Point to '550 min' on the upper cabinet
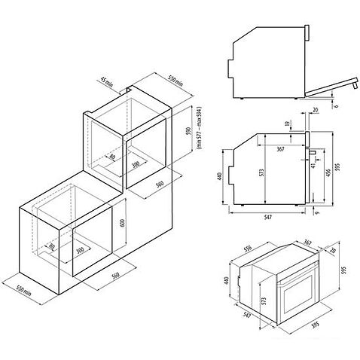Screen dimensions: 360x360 pos(175,78)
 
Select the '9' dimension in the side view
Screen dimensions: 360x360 pos(319,212)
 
